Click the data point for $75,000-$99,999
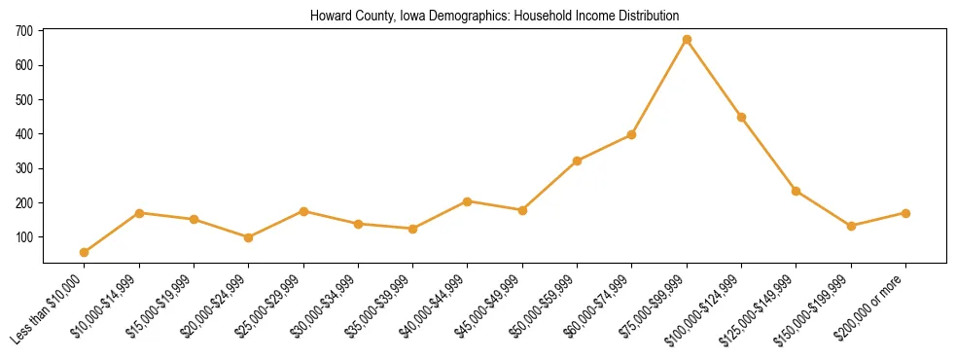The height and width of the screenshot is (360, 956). [687, 40]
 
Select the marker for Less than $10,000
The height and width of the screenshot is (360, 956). [85, 252]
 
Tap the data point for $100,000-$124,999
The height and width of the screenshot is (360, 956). [741, 117]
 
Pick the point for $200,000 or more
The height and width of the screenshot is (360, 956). [905, 213]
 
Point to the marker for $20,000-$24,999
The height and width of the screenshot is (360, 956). [249, 237]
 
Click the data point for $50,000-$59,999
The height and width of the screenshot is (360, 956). [577, 161]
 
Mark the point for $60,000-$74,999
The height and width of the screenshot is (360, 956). [632, 134]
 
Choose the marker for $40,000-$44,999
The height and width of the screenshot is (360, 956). [468, 201]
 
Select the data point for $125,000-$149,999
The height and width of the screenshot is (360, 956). [797, 191]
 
